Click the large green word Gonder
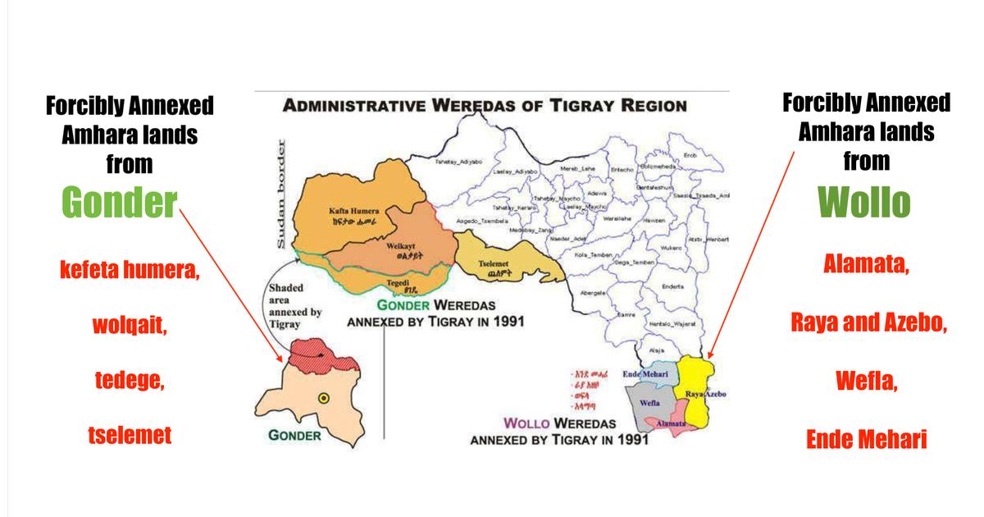coord(119,204)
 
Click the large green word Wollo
coord(864,204)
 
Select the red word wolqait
coord(130,326)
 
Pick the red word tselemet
coord(130,434)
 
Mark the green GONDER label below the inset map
coord(294,435)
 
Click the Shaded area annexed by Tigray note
coord(296,306)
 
